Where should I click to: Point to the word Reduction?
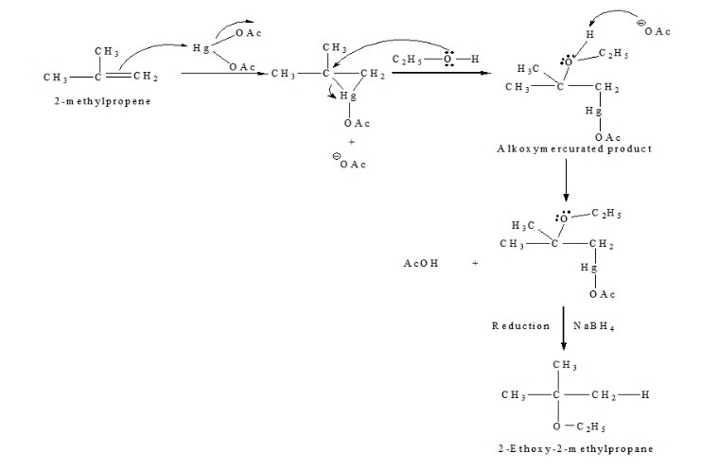(520, 326)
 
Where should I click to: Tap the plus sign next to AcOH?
(475, 265)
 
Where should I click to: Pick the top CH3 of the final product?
(566, 365)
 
